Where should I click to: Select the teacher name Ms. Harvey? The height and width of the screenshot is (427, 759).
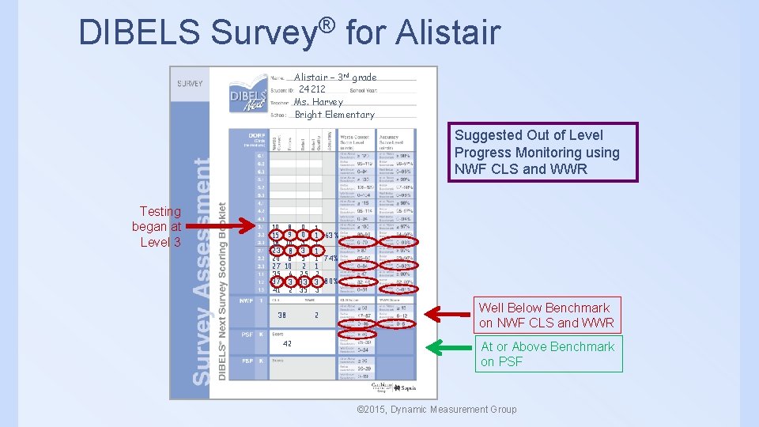(318, 102)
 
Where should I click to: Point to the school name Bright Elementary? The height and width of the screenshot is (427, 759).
(334, 115)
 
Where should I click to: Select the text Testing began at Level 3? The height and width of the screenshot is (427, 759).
(159, 226)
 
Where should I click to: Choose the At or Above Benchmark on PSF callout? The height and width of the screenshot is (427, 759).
(548, 353)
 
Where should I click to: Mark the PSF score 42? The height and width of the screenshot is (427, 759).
(287, 344)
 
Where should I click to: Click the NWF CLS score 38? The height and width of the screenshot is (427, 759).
(281, 315)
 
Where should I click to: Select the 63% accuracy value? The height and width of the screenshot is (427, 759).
(332, 235)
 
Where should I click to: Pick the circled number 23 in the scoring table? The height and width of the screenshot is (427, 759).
(276, 251)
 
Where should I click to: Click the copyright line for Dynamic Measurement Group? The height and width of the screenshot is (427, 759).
(437, 409)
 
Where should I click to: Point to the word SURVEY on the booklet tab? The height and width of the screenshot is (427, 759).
(190, 82)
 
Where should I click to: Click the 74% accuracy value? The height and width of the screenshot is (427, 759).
(332, 258)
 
